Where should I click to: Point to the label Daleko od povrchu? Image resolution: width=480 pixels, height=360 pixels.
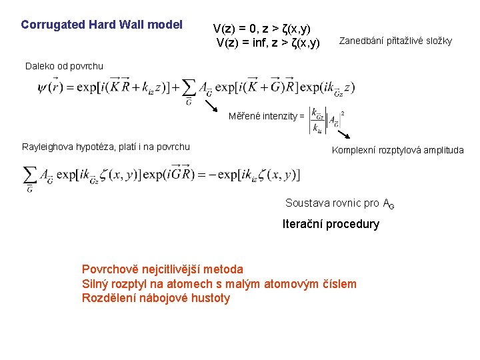(64, 65)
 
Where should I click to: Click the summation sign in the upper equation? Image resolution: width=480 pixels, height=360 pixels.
(189, 87)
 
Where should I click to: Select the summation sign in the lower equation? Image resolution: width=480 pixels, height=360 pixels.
(30, 175)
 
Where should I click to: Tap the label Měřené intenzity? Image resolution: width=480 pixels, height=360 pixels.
(265, 116)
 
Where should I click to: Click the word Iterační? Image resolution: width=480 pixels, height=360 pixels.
(304, 224)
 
